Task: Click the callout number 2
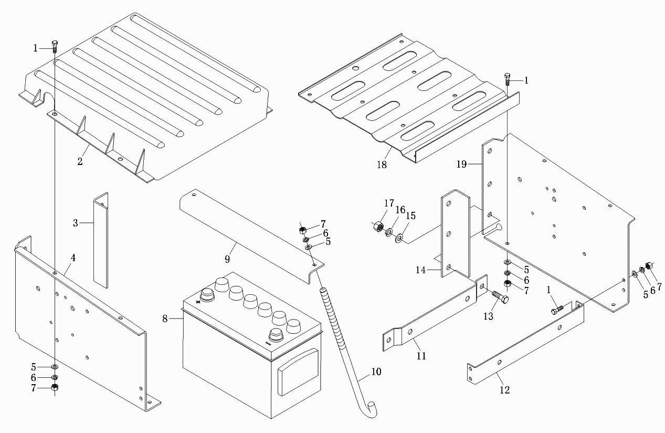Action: click(80, 162)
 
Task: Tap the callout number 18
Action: click(382, 164)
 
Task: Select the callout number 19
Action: click(461, 164)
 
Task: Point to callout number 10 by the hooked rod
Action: click(376, 372)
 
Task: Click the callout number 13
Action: click(489, 316)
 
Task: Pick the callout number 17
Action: click(388, 204)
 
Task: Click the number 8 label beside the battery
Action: click(165, 318)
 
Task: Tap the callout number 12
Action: click(505, 390)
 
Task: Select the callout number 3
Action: click(76, 223)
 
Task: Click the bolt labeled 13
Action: click(500, 300)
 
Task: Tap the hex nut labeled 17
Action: click(377, 228)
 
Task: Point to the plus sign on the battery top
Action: click(198, 302)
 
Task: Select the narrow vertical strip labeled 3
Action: click(100, 242)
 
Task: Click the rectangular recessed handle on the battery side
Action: click(297, 372)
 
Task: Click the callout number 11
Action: click(421, 356)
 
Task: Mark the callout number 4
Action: click(73, 258)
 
